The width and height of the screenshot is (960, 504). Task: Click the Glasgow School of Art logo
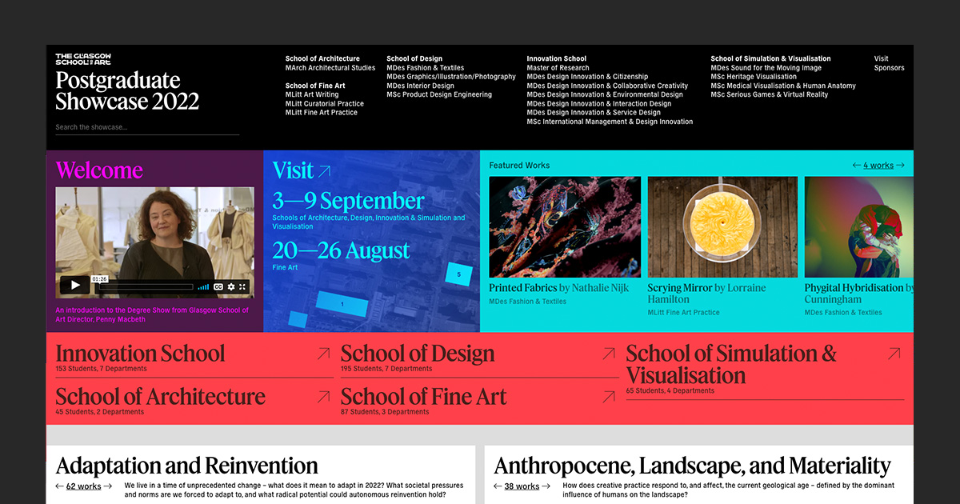tap(83, 59)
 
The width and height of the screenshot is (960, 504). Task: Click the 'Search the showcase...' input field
tap(147, 127)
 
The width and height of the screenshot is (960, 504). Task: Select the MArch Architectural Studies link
tap(330, 68)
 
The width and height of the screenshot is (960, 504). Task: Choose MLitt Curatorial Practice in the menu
tap(324, 104)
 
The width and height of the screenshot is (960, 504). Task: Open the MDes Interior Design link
tap(420, 86)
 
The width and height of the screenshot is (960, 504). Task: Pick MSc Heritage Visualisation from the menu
tap(754, 77)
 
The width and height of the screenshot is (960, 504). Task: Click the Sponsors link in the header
tap(889, 68)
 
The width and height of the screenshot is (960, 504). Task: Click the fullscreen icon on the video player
tap(243, 286)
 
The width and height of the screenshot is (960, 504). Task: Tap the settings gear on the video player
tap(231, 286)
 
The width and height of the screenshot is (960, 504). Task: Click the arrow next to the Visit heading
tap(324, 170)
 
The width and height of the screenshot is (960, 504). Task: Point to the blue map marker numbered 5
tap(458, 274)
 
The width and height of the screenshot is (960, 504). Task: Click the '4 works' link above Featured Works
tap(878, 166)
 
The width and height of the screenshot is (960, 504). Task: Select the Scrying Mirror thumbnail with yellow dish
tap(722, 227)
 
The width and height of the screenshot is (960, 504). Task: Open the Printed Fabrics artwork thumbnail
tap(565, 227)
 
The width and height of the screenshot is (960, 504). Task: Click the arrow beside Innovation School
tap(323, 354)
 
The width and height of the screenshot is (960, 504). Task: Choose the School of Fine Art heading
tap(424, 397)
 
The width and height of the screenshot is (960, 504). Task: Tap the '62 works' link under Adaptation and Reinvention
tap(83, 486)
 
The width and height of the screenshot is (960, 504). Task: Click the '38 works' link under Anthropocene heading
tap(522, 486)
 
